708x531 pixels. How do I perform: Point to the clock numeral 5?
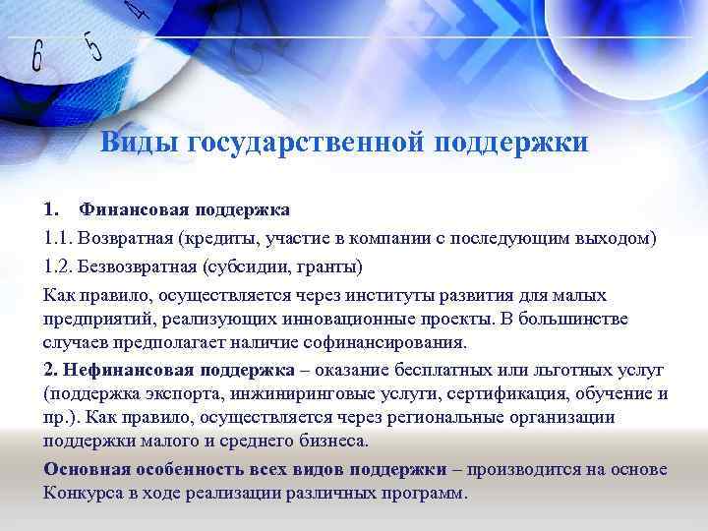pos(94,43)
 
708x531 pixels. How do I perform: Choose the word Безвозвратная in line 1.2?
pos(140,266)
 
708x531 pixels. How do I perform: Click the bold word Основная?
pos(87,468)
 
